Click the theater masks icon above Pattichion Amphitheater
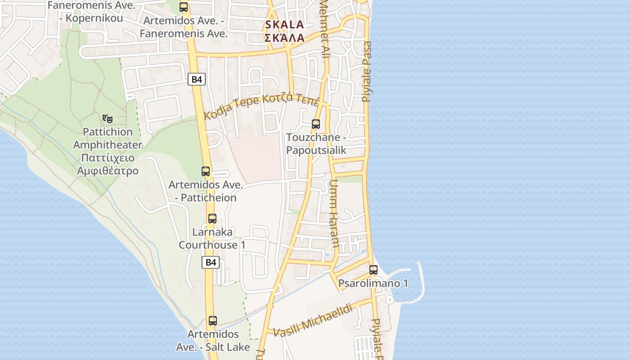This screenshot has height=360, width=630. [107, 119]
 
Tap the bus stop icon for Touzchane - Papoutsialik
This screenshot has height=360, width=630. [316, 124]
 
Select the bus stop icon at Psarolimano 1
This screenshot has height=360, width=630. [373, 270]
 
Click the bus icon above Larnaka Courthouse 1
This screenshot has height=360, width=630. [212, 219]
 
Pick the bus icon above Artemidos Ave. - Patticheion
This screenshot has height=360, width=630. [206, 171]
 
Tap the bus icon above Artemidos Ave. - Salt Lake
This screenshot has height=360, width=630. [213, 321]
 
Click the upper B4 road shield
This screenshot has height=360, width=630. [197, 80]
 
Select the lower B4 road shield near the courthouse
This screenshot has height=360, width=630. [211, 262]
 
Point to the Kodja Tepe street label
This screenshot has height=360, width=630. [261, 105]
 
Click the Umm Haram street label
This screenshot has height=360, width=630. [334, 214]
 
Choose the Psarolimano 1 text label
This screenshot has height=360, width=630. [373, 283]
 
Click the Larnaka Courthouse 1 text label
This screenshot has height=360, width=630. [212, 238]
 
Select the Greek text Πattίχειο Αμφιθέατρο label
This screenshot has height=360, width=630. [108, 164]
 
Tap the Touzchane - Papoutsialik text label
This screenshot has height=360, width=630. [316, 144]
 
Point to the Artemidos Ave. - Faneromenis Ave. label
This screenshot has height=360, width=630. [184, 27]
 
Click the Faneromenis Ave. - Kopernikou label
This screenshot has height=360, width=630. [91, 12]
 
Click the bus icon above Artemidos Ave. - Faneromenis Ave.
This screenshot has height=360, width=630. [184, 7]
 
